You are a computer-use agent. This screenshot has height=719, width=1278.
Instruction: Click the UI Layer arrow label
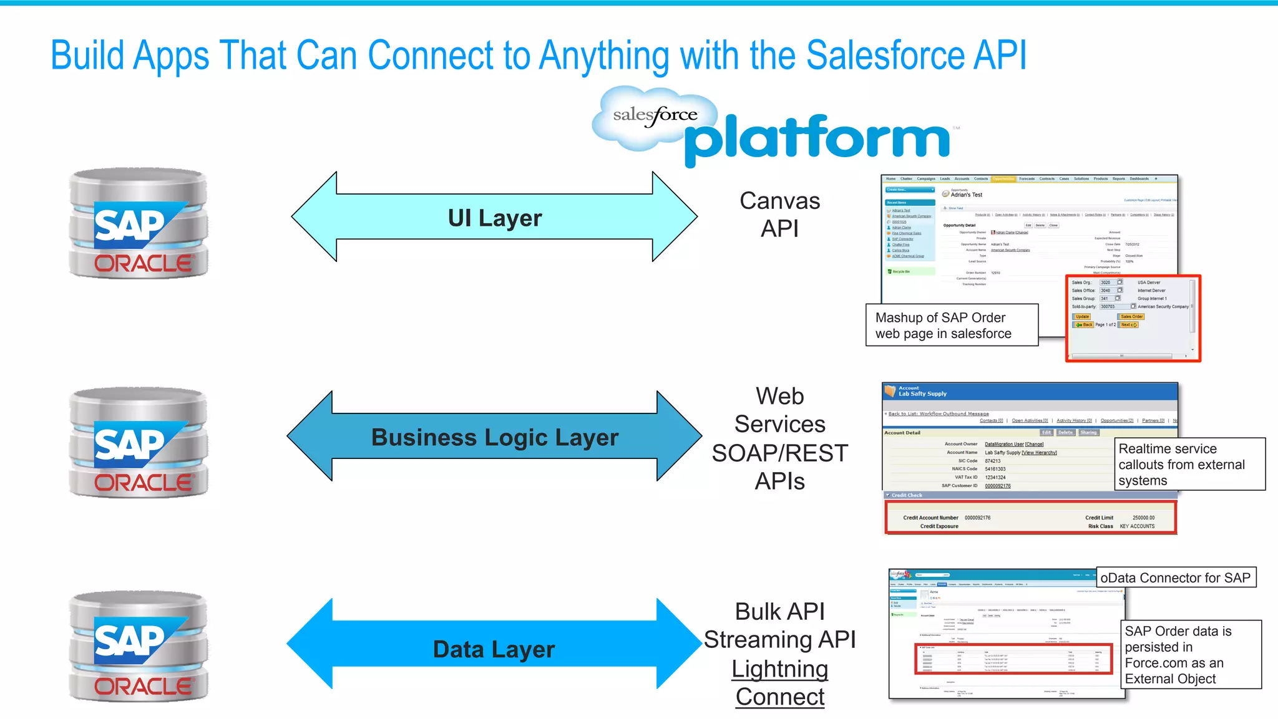[x=495, y=218]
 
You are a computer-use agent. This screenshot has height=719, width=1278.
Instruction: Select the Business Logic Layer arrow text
[x=495, y=437]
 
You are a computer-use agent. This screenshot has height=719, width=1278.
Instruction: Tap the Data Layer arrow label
[x=494, y=649]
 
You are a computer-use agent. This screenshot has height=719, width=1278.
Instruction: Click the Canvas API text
[x=779, y=215]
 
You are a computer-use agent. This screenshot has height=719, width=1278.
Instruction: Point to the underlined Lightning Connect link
[x=779, y=683]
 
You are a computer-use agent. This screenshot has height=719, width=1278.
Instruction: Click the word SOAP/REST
[x=779, y=453]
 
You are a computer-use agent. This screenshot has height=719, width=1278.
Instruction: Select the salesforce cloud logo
[x=655, y=117]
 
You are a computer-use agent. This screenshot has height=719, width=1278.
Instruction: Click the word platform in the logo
[x=817, y=139]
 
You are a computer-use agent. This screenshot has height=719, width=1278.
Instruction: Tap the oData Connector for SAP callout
[x=1175, y=578]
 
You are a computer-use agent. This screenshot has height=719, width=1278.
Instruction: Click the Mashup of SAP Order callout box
[x=951, y=326]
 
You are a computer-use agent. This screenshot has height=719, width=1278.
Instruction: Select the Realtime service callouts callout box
[x=1189, y=465]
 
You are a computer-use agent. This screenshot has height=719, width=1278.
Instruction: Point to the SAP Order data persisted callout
[x=1190, y=655]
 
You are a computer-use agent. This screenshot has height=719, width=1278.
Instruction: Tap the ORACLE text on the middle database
[x=144, y=483]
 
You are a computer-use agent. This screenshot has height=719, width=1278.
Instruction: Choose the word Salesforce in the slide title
[x=885, y=55]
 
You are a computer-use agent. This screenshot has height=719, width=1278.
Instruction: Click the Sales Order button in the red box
[x=1131, y=317]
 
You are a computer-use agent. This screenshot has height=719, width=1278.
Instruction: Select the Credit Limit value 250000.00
[x=1143, y=518]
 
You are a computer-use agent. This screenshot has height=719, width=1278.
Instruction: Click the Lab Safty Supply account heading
[x=922, y=394]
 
